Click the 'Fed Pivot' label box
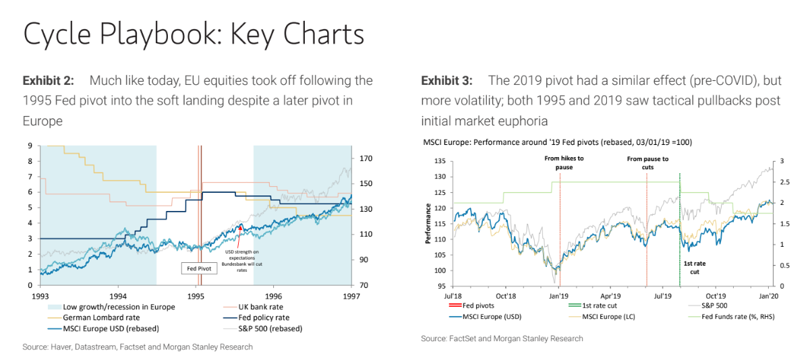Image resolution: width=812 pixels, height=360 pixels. tap(200, 268)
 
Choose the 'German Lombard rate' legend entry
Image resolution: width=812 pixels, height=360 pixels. tap(102, 318)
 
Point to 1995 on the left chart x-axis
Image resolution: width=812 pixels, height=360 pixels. tap(196, 296)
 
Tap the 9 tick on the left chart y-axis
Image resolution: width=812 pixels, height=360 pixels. tap(30, 146)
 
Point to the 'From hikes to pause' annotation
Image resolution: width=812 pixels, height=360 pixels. tap(564, 162)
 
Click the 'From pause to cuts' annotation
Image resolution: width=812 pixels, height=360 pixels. tap(647, 162)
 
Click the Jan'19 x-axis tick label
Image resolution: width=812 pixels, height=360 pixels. tap(559, 296)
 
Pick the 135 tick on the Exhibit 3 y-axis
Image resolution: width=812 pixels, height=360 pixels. tap(440, 161)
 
